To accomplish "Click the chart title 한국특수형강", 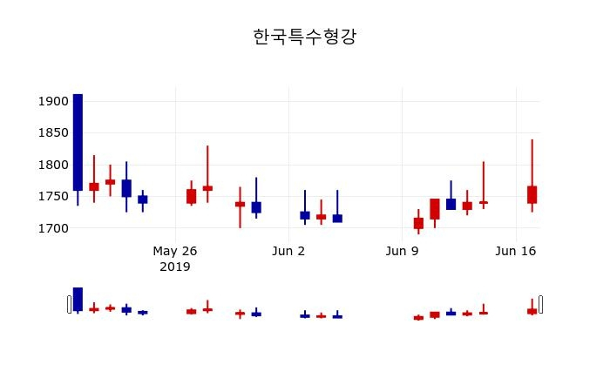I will (x=304, y=37).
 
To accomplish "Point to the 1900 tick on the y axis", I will (x=53, y=101).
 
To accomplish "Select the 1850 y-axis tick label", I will (x=53, y=133).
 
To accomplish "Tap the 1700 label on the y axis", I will (x=53, y=228).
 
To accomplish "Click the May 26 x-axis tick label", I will (x=175, y=251).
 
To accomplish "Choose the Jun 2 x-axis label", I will (x=288, y=251).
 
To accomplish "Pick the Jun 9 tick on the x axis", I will (x=402, y=251).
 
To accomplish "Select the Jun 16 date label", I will (x=515, y=251).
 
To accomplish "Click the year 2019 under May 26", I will (x=175, y=267).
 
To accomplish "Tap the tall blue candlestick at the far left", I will (x=78, y=144).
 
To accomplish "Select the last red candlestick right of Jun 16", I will (x=532, y=194).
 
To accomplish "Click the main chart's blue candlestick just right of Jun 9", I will (x=451, y=204).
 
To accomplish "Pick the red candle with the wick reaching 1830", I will (x=207, y=188).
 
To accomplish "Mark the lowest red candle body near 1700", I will (x=418, y=223).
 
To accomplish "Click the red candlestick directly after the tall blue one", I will (x=94, y=186).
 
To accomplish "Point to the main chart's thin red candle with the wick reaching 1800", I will (x=483, y=202).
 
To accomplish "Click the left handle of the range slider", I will (x=69, y=304).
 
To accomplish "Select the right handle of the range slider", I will (x=541, y=304).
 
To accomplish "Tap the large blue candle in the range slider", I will (x=78, y=299).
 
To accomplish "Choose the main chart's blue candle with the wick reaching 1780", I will (x=256, y=207).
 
